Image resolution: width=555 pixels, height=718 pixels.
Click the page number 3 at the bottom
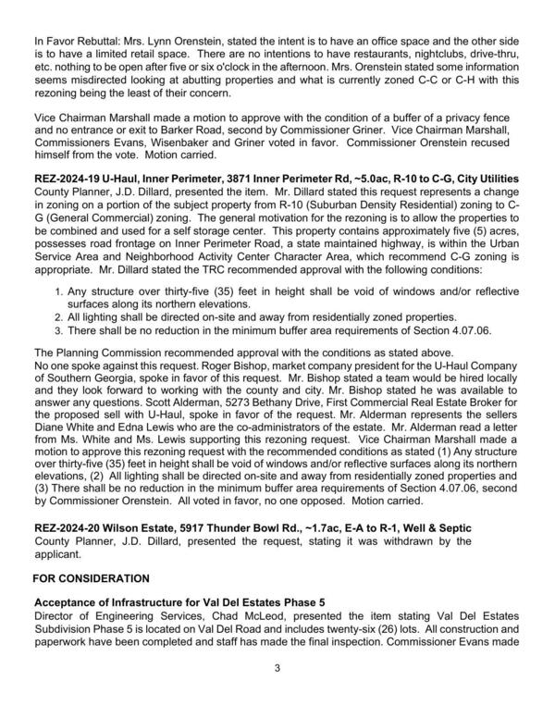(x=277, y=695)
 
